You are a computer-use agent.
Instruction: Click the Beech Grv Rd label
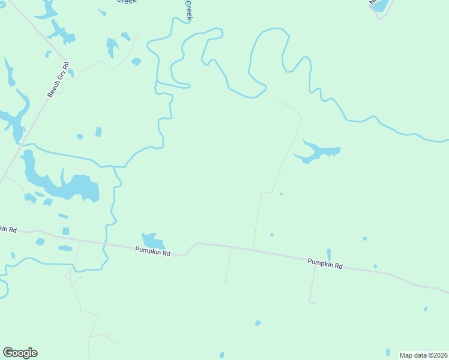pyautogui.click(x=59, y=79)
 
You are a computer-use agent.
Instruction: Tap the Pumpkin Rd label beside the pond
pyautogui.click(x=152, y=253)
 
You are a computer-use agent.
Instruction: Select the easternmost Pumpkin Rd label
pyautogui.click(x=325, y=263)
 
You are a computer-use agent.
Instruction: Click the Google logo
pyautogui.click(x=20, y=353)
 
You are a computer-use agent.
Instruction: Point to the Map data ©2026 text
pyautogui.click(x=424, y=355)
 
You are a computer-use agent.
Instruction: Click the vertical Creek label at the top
pyautogui.click(x=188, y=10)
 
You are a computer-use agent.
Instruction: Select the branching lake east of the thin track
pyautogui.click(x=318, y=152)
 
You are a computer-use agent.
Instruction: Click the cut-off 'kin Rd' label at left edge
pyautogui.click(x=8, y=229)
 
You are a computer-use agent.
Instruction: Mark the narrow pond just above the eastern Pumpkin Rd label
pyautogui.click(x=328, y=254)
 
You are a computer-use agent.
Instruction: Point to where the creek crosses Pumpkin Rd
pyautogui.click(x=105, y=244)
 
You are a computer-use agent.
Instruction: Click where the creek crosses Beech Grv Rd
pyautogui.click(x=22, y=144)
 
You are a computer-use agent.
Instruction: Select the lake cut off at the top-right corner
pyautogui.click(x=380, y=5)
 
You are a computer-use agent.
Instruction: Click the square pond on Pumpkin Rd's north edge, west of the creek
pyautogui.click(x=65, y=231)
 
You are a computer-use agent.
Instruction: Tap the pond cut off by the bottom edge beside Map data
pyautogui.click(x=388, y=353)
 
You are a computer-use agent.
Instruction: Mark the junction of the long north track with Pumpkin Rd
pyautogui.click(x=253, y=250)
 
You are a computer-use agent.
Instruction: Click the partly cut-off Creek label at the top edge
pyautogui.click(x=126, y=2)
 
